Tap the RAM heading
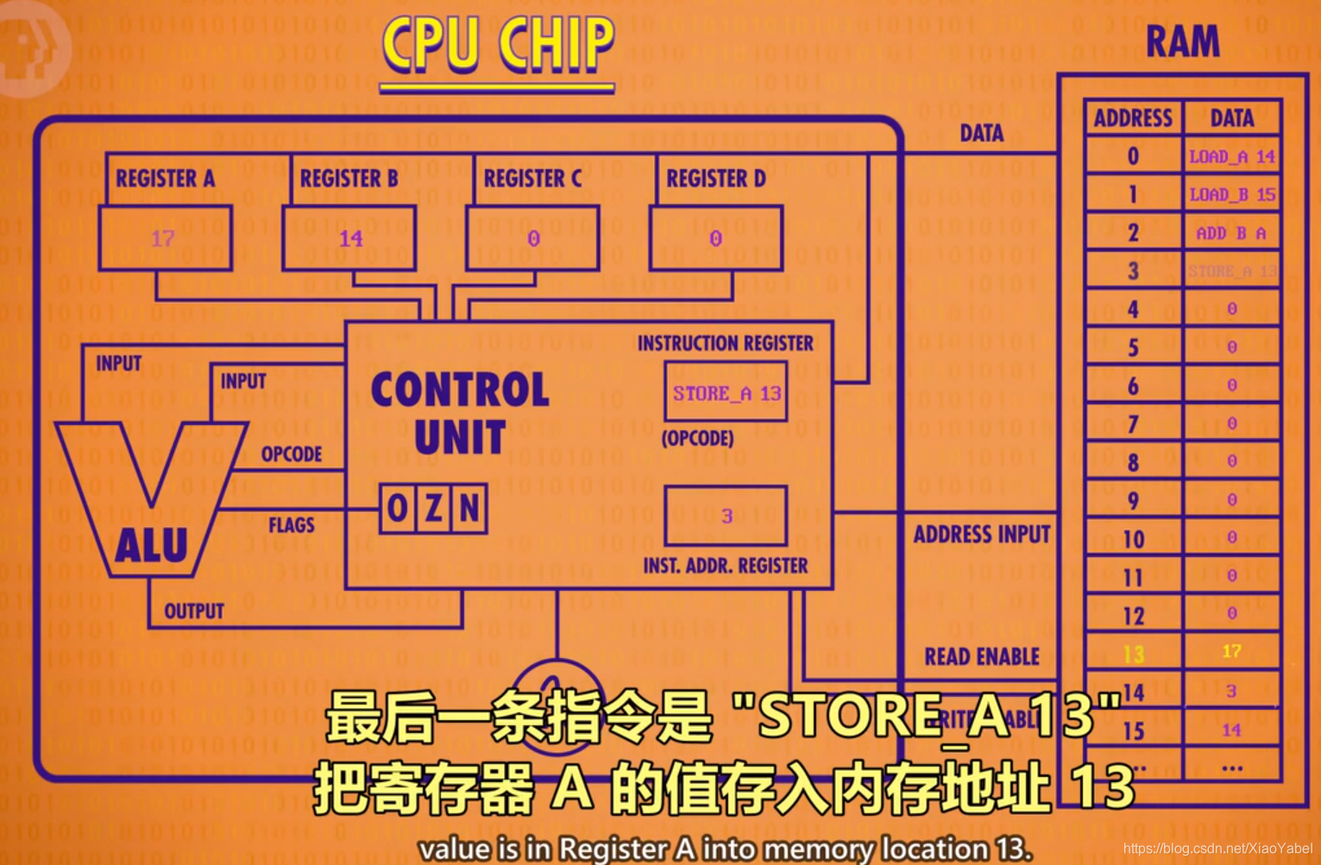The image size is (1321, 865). click(1182, 41)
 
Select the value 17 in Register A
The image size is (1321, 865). click(163, 238)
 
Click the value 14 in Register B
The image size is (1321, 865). click(350, 238)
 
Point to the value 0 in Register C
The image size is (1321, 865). click(533, 238)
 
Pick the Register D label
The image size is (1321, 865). click(715, 179)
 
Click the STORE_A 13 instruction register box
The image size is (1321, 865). click(727, 393)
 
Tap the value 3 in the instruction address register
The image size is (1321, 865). click(727, 516)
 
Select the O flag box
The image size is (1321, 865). click(398, 509)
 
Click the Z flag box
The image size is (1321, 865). click(434, 509)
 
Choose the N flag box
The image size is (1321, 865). click(469, 509)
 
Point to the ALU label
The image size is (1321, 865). click(152, 546)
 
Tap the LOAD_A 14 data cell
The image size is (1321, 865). click(1231, 156)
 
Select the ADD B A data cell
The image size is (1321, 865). click(1231, 233)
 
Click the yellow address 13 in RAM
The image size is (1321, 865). click(1133, 655)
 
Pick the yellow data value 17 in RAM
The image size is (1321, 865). click(1231, 651)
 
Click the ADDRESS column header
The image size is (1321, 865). click(1133, 118)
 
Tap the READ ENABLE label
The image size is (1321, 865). click(982, 657)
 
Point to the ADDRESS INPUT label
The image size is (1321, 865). click(982, 535)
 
